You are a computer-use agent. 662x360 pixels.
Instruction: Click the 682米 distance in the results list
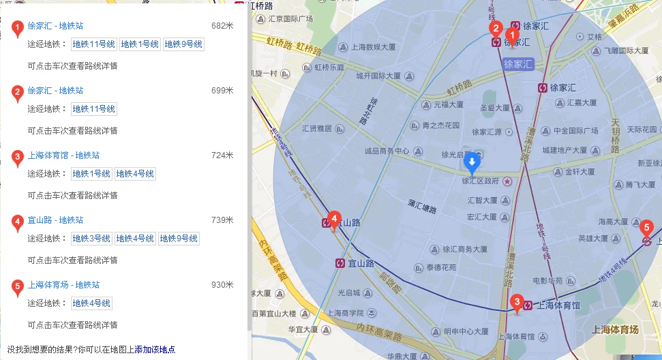click(222, 26)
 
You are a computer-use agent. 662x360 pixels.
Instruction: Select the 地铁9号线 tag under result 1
click(183, 44)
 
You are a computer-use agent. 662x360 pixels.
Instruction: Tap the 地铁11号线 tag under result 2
click(94, 109)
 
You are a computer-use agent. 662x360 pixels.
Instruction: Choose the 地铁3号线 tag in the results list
click(91, 239)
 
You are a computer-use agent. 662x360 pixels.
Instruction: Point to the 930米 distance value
click(222, 285)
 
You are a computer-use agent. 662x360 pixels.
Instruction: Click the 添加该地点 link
click(155, 350)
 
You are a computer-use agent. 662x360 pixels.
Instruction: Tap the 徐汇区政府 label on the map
click(481, 181)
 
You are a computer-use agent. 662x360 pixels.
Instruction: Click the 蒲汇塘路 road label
click(422, 202)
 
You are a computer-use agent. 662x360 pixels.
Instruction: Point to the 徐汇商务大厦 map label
click(464, 249)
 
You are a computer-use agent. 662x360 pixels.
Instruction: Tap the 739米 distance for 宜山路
click(222, 220)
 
